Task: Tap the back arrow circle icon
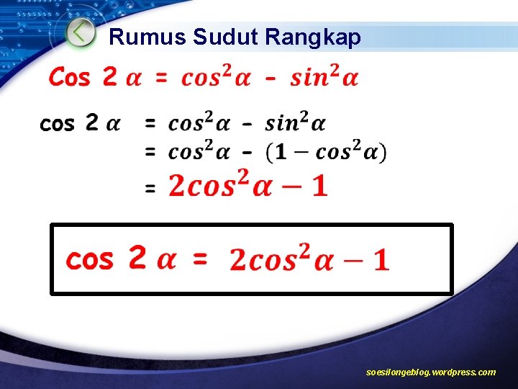tap(81, 32)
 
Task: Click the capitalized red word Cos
tap(69, 76)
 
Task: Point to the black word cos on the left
tap(57, 124)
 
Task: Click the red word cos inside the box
tap(89, 259)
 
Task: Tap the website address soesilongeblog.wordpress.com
tap(430, 372)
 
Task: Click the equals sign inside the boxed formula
tap(200, 259)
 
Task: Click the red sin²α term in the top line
tap(324, 76)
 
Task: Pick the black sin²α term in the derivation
tap(295, 123)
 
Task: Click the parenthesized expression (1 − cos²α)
tap(326, 152)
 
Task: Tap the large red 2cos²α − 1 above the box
tap(247, 185)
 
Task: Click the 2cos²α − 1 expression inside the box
tap(309, 259)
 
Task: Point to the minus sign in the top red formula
tap(270, 78)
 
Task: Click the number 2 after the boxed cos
tap(137, 257)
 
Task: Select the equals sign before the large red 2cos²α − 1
tap(150, 189)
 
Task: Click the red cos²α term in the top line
tap(216, 76)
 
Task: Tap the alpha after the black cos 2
tap(113, 124)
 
